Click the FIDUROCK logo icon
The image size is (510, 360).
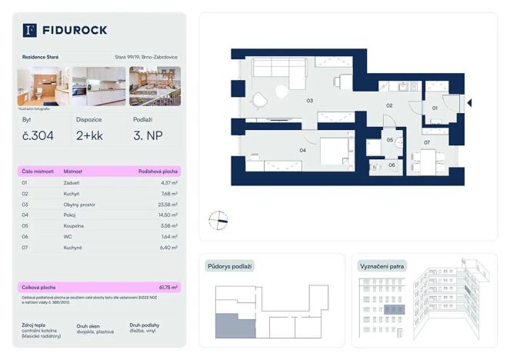click(30, 30)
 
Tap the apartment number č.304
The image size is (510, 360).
click(38, 136)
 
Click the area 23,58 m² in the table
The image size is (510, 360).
click(167, 205)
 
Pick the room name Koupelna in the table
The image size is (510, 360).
click(75, 226)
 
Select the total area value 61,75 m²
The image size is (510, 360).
click(167, 287)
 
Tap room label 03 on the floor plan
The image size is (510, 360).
click(309, 101)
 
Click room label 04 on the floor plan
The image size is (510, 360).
click(302, 150)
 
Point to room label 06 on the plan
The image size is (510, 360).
click(391, 165)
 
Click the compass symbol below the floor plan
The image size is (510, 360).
click(218, 220)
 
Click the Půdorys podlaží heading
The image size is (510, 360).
click(229, 266)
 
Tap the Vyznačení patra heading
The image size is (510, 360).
click(383, 266)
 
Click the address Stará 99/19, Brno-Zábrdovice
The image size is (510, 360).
click(147, 57)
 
